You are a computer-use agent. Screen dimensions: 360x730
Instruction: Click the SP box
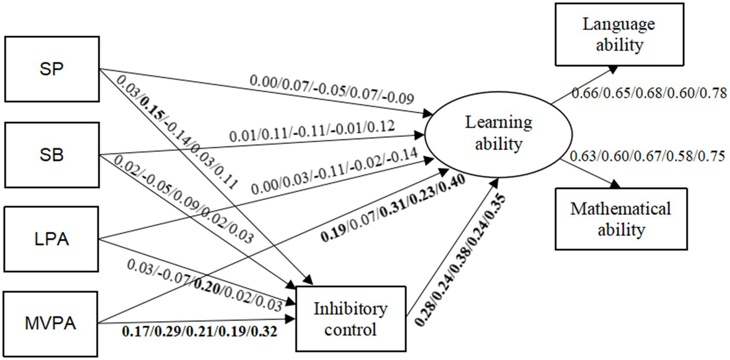(x=51, y=68)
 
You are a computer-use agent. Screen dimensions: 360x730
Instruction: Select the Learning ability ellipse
(x=498, y=133)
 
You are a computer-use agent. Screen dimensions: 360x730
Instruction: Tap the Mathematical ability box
(x=621, y=219)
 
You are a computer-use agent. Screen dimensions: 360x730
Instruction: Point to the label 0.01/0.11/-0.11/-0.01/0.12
(x=311, y=135)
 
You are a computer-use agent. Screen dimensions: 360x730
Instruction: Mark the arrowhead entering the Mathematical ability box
(x=616, y=185)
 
